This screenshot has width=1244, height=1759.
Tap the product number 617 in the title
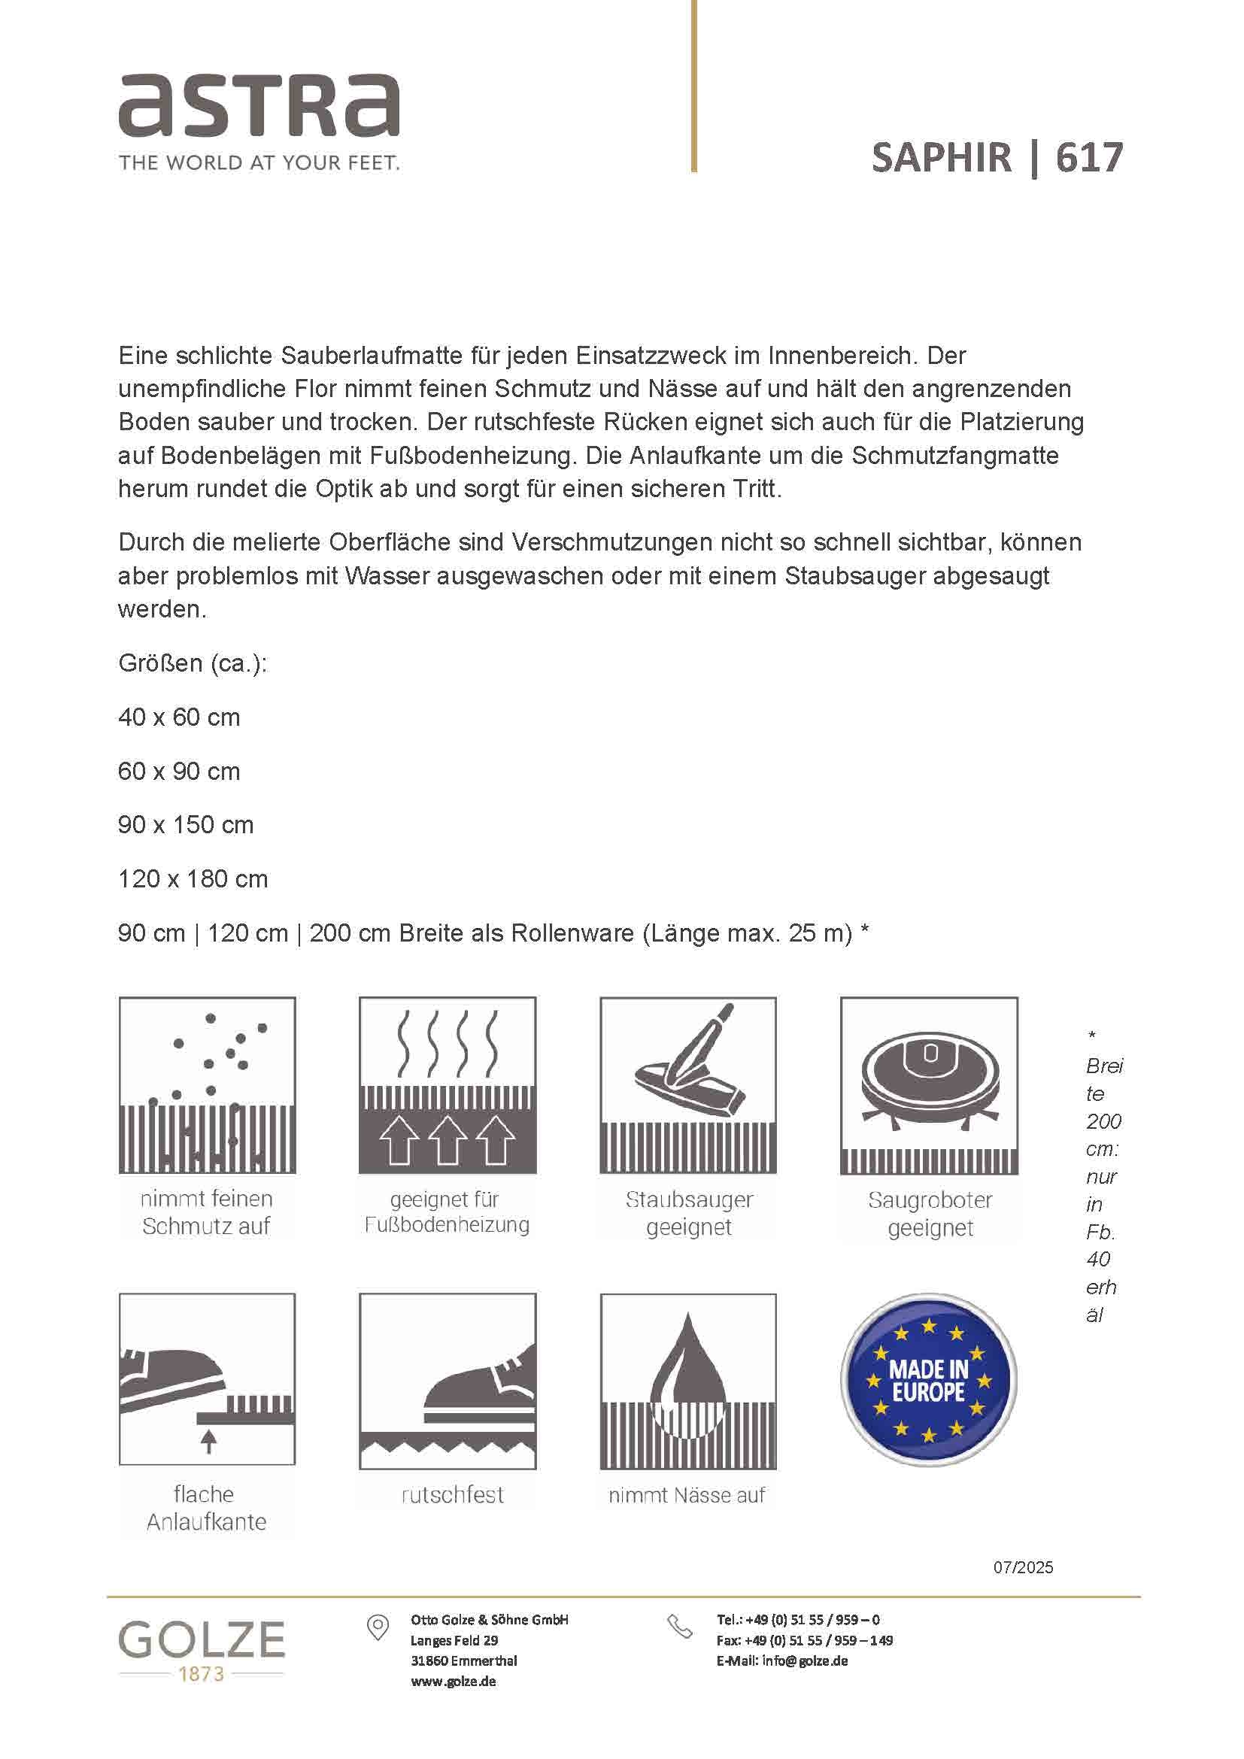tap(1088, 158)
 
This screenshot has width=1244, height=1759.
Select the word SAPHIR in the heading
tap(942, 158)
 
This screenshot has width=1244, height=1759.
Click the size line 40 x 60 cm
tap(179, 718)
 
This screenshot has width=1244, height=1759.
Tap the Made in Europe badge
tap(928, 1381)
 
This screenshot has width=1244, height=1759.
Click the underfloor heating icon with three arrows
tap(448, 1085)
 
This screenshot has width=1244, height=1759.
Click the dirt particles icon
tap(207, 1085)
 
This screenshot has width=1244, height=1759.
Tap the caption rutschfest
tap(452, 1495)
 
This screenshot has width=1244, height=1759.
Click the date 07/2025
tap(1023, 1567)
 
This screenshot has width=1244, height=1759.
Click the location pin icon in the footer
tap(378, 1627)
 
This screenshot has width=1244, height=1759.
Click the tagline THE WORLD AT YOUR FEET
tap(259, 162)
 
